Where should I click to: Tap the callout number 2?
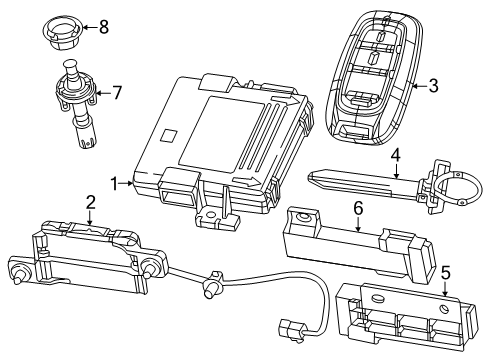[x=90, y=203]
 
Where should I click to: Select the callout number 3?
[x=432, y=86]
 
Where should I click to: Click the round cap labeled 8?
[x=63, y=29]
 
